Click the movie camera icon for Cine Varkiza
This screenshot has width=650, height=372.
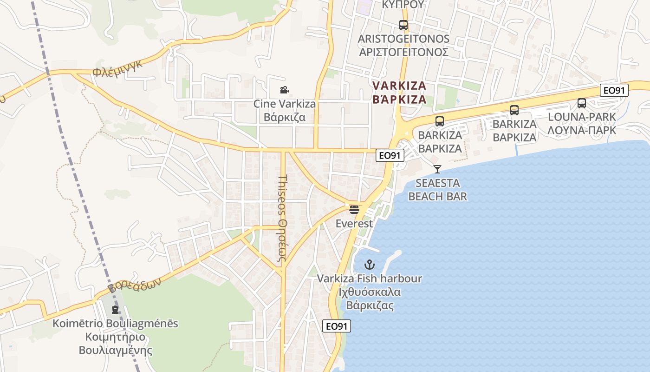tap(284, 90)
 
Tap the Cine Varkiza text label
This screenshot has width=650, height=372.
tap(284, 110)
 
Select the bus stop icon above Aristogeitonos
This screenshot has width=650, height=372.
tap(403, 25)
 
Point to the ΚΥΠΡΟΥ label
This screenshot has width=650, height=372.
tap(403, 5)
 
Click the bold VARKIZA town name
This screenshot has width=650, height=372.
tap(399, 92)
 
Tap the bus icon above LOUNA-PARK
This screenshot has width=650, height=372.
tap(581, 103)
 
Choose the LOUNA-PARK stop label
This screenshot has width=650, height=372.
tap(582, 123)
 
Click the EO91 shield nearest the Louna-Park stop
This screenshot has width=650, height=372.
tap(614, 90)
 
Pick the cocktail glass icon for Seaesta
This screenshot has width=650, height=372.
tap(437, 169)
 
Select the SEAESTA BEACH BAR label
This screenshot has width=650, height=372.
tap(437, 189)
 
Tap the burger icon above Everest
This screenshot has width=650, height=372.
tap(354, 210)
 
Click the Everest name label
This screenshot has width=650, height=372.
tap(354, 224)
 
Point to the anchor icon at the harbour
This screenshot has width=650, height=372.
tap(369, 265)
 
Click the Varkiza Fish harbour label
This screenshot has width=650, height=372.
tap(370, 292)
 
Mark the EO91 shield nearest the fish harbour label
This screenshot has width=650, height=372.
tap(337, 326)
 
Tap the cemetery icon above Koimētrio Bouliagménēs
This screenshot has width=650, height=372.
tap(115, 309)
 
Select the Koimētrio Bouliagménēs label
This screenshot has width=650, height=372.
tap(115, 337)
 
